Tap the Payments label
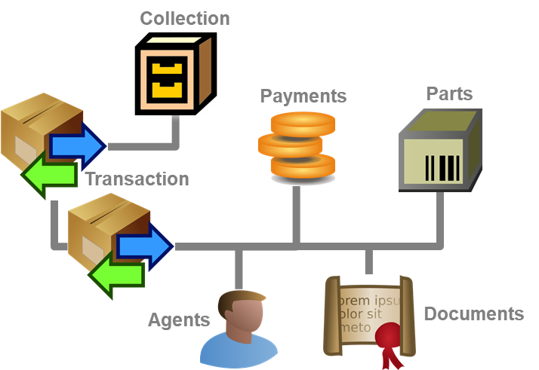303,96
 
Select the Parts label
449,93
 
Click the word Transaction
137,179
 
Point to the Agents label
178,320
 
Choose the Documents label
473,313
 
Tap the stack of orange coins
297,144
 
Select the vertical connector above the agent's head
239,267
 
